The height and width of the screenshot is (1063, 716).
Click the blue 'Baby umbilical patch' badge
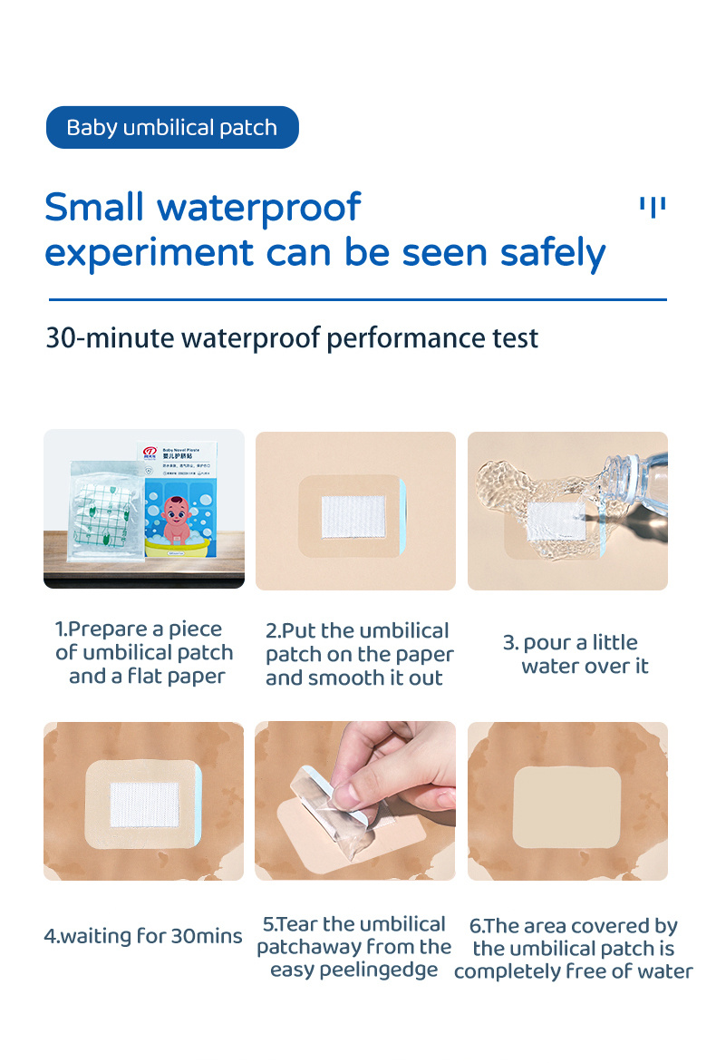tap(171, 127)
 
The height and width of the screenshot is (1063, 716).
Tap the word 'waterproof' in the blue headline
tap(258, 208)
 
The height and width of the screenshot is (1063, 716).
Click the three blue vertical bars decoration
tap(653, 207)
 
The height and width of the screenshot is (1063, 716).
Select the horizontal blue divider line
tap(357, 298)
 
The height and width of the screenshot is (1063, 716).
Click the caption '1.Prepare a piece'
tap(138, 629)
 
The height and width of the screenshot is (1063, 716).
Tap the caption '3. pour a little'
tap(570, 643)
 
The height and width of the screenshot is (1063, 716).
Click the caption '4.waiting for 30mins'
tap(143, 935)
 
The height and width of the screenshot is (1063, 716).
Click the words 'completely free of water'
tap(573, 971)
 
